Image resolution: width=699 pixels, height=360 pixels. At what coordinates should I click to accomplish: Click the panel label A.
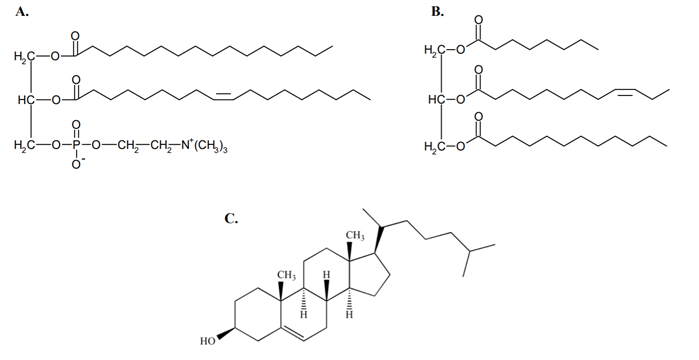(x=21, y=12)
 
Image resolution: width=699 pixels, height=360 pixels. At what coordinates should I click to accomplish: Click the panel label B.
(x=437, y=12)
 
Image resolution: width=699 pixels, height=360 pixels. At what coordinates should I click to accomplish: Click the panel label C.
(x=231, y=218)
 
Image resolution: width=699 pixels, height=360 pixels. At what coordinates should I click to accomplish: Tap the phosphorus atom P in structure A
(x=76, y=145)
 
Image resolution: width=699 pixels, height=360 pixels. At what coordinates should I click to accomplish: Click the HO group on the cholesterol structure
(x=208, y=342)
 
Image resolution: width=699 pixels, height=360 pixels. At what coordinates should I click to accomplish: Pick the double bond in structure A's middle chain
(x=223, y=96)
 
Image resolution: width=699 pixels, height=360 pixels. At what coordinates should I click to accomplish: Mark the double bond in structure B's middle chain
(x=625, y=91)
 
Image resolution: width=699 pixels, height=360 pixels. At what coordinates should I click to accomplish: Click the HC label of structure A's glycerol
(x=26, y=100)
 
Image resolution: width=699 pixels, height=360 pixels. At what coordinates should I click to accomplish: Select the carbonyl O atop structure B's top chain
(x=478, y=20)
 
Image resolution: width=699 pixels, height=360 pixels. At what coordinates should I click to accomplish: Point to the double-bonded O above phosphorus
(x=76, y=125)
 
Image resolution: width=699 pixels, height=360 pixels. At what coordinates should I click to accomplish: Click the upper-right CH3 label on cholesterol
(x=355, y=236)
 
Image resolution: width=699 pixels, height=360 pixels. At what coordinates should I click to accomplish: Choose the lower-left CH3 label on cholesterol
(x=287, y=276)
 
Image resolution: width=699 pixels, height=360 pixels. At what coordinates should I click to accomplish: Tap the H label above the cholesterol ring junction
(x=326, y=274)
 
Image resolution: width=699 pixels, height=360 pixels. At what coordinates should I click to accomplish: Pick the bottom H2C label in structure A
(x=25, y=145)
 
